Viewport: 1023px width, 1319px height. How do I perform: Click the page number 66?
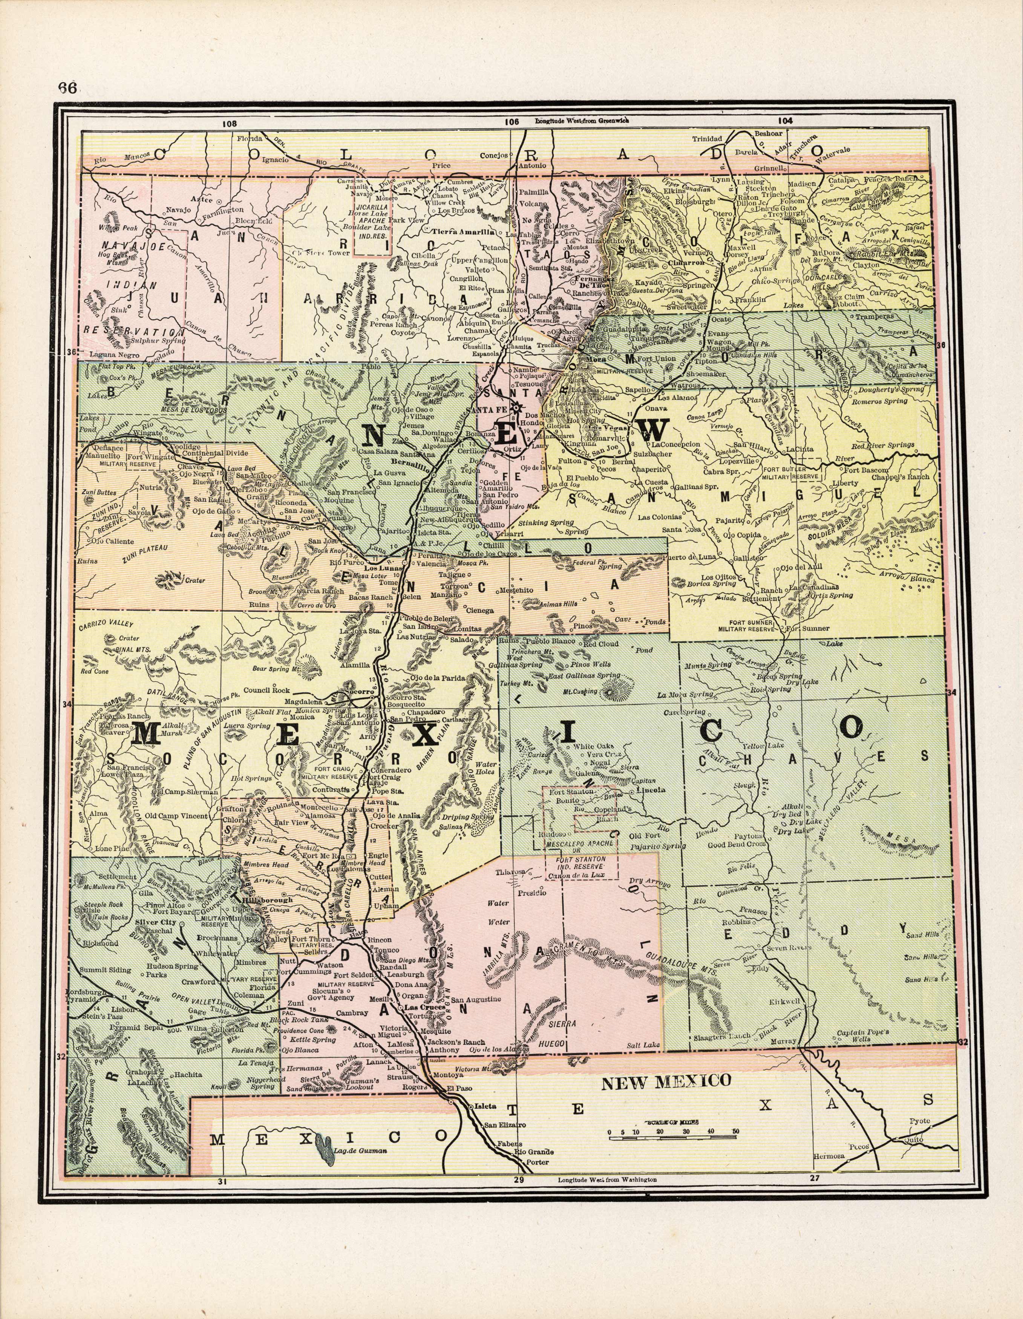[67, 87]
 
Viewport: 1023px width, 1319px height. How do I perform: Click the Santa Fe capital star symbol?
[515, 408]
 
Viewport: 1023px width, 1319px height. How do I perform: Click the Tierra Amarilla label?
[463, 231]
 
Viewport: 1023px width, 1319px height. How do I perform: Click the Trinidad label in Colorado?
[706, 138]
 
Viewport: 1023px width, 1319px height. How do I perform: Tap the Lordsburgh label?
[86, 992]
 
